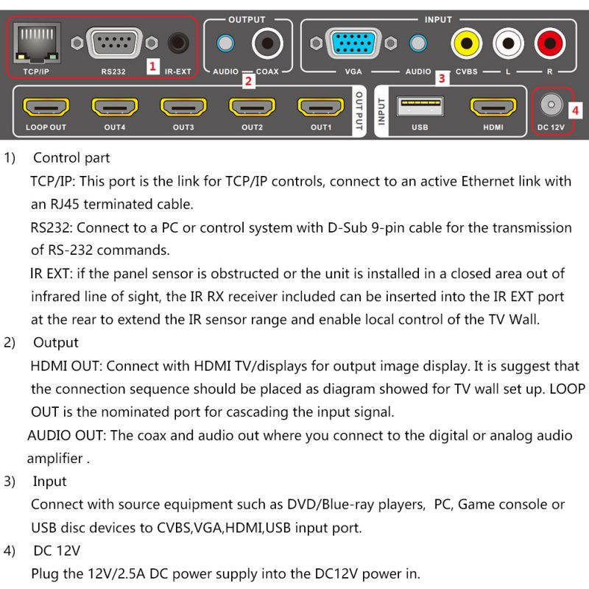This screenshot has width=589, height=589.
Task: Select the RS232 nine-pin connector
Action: coord(113,43)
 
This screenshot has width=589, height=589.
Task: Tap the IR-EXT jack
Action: coord(177,43)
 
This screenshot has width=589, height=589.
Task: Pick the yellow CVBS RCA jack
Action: coord(466,43)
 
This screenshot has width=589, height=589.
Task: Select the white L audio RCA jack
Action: coord(508,43)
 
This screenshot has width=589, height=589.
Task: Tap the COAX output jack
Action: coord(267,43)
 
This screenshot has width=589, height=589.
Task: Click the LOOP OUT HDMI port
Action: coord(46,107)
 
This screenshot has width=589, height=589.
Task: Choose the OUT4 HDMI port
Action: coord(115,107)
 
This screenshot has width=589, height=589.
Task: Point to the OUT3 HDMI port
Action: coord(183,107)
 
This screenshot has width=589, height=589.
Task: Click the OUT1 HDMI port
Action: coord(320,107)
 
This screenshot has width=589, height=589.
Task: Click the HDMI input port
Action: coord(493,107)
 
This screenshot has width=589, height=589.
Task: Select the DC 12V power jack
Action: coord(549,106)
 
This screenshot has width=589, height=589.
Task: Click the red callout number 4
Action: coord(575,111)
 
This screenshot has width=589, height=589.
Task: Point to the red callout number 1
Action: coord(152,66)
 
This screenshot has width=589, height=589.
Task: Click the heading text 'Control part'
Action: coord(71,158)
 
